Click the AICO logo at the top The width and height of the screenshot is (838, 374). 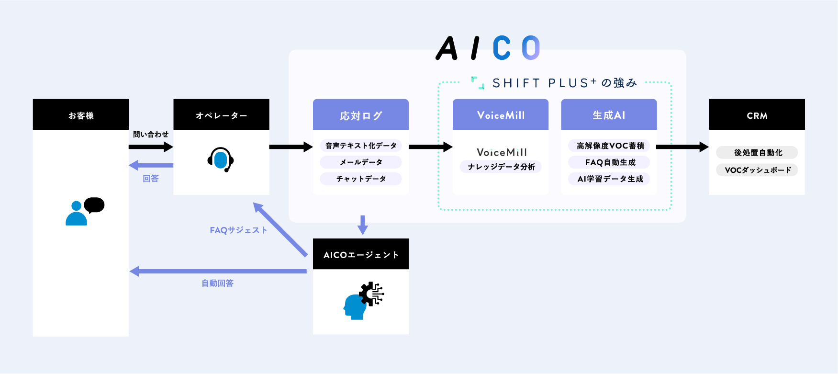[488, 48]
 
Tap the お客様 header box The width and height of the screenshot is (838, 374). [80, 115]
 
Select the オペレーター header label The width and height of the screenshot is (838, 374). [221, 115]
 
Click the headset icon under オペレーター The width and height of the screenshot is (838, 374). [221, 159]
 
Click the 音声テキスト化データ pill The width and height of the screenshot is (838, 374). [361, 146]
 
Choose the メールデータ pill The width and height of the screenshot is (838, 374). [361, 162]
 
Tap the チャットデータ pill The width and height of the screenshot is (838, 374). [361, 179]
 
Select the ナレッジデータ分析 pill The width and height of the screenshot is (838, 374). [501, 167]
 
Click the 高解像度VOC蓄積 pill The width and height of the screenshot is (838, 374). [610, 146]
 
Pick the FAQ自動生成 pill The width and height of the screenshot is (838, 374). [610, 162]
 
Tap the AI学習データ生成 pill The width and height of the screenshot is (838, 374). [610, 179]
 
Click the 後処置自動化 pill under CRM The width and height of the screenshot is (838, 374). [758, 153]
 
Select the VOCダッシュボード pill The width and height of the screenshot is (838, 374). [758, 170]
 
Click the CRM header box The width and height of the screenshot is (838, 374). [757, 115]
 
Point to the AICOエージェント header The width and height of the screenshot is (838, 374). [361, 255]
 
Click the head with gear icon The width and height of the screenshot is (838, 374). [363, 301]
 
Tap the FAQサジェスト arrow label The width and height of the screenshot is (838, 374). [238, 230]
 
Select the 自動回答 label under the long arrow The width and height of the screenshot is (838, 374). [217, 283]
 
